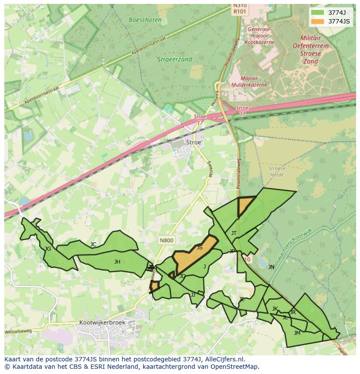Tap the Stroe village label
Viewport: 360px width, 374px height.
click(x=193, y=142)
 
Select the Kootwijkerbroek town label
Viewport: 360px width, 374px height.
click(x=102, y=323)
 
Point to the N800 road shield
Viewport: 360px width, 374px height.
click(x=166, y=240)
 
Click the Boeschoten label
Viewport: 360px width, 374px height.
click(x=145, y=20)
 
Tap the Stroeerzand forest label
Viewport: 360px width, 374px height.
click(x=175, y=60)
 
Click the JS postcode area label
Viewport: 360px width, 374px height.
click(x=200, y=248)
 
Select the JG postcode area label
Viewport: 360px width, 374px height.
click(x=48, y=249)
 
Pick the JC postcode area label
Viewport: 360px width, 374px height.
click(x=93, y=245)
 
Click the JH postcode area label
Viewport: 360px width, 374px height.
click(x=117, y=262)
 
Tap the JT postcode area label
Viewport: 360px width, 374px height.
click(x=234, y=233)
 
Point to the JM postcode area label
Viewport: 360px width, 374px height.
click(x=297, y=333)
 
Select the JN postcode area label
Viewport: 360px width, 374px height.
click(x=271, y=267)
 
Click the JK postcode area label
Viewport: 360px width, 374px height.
click(x=275, y=309)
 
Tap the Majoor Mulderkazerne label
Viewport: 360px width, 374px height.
click(x=249, y=82)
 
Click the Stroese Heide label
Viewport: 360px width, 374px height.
click(x=277, y=172)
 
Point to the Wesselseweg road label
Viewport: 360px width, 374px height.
click(x=18, y=331)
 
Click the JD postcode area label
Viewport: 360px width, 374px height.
click(x=183, y=276)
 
